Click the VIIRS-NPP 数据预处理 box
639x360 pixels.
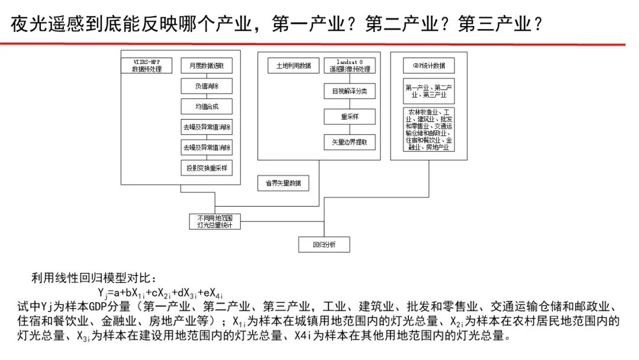coord(146,65)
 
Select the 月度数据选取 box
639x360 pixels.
coord(206,65)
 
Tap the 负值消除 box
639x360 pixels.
coord(206,86)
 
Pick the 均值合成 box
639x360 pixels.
coord(206,107)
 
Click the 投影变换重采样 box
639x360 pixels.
coord(206,168)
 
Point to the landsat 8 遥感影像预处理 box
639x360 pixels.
coord(349,65)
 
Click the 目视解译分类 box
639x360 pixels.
coord(349,92)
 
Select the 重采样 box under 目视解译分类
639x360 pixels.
coord(349,117)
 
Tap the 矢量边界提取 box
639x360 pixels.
coord(349,142)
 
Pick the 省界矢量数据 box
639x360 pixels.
coord(283,183)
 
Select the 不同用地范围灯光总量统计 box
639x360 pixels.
coord(214,221)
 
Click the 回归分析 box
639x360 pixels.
coord(324,245)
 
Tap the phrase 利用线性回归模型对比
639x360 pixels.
coord(95,278)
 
